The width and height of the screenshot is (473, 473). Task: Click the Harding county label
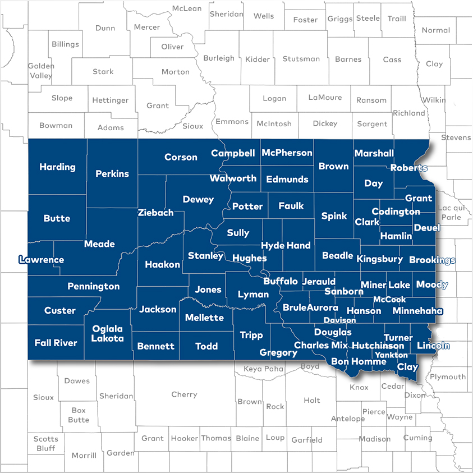tap(57, 167)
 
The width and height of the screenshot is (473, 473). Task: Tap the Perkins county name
tap(112, 174)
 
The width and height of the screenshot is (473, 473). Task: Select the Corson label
tap(181, 157)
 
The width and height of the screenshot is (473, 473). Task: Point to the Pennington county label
tap(94, 286)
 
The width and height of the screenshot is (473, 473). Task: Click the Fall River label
tap(56, 343)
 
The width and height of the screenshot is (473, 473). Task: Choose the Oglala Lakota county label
tap(108, 333)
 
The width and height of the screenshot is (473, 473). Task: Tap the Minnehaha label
tap(417, 311)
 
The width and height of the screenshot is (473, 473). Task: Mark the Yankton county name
tap(392, 355)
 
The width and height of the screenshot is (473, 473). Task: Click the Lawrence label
tap(41, 260)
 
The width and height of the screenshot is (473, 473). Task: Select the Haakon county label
tap(163, 264)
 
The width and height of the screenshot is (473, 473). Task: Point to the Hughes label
tap(250, 258)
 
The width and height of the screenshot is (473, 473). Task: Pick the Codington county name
tap(396, 212)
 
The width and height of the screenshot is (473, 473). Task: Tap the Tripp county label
tap(251, 335)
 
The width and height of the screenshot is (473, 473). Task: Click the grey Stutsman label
tap(301, 59)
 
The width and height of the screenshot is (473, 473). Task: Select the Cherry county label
tap(184, 394)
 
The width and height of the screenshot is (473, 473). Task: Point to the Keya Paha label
tap(264, 369)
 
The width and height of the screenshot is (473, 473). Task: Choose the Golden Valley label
tap(41, 70)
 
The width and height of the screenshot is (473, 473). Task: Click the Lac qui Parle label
tap(452, 213)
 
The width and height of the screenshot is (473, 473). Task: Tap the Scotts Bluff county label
tap(45, 443)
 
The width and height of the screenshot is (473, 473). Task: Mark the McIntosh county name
tap(274, 123)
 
